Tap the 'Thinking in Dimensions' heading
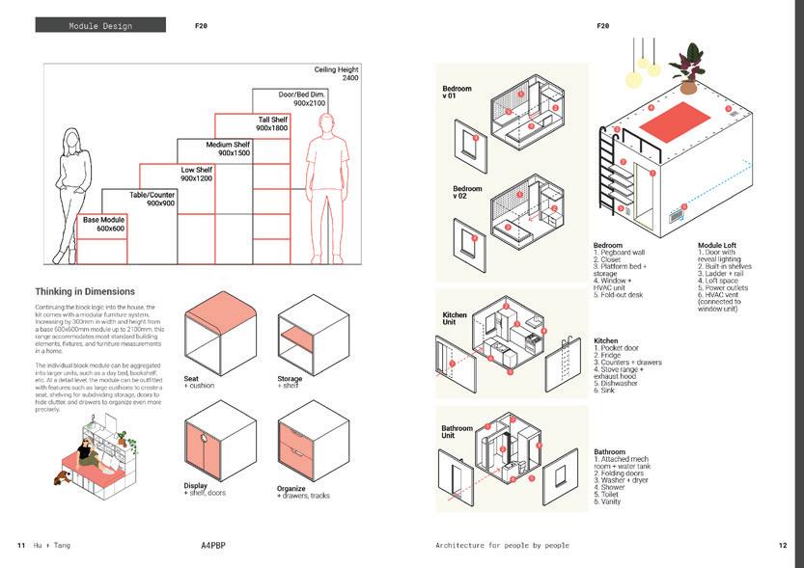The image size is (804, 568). pos(85,291)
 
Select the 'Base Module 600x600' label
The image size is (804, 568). pos(103,225)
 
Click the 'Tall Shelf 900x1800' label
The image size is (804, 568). pos(271,123)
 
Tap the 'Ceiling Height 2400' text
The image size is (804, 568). pos(336,75)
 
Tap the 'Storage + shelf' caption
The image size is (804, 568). pos(290,383)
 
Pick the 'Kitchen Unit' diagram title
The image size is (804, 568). pos(455,319)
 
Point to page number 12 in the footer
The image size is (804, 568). pos(783,545)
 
